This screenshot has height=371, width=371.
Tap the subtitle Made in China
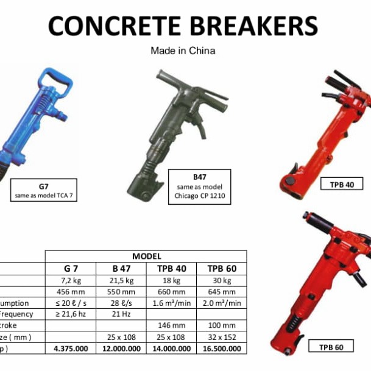coord(183,51)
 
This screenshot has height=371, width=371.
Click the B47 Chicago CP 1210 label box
coord(199,187)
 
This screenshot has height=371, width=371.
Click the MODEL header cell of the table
coord(146,256)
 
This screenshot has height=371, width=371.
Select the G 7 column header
coord(71,268)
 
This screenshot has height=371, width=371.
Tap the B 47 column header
coord(122,268)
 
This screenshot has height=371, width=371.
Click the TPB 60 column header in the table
coord(222,268)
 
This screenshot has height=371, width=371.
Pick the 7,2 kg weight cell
coord(71,280)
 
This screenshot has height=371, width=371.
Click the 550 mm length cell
coord(122,291)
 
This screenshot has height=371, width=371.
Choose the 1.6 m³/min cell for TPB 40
coord(172,303)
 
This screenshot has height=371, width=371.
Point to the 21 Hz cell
coord(122,314)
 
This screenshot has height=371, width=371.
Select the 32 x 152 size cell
coord(222,337)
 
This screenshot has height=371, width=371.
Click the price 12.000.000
coord(122,348)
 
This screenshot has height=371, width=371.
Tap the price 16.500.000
coord(222,348)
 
